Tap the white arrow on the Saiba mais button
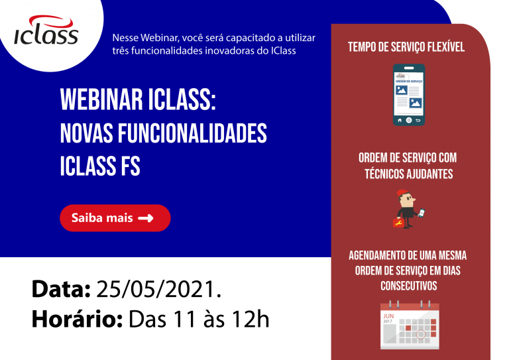click(146, 218)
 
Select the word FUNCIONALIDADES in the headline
click(192, 133)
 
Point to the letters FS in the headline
click(130, 166)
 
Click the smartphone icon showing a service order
click(408, 95)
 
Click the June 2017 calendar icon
click(409, 326)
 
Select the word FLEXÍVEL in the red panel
click(445, 47)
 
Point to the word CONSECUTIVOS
click(408, 286)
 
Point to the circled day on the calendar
click(420, 335)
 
